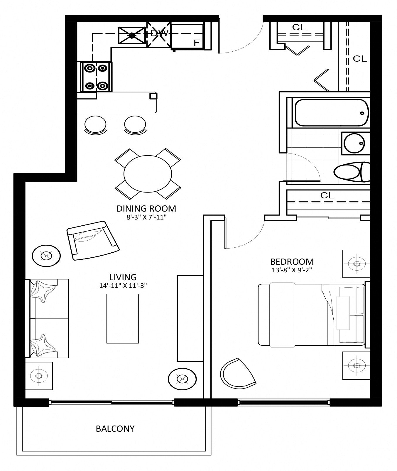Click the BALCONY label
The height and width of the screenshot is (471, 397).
click(115, 429)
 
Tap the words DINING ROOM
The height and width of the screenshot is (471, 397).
click(146, 209)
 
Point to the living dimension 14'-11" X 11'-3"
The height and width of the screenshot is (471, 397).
click(123, 286)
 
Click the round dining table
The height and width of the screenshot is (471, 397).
click(148, 174)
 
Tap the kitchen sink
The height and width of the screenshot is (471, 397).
click(132, 36)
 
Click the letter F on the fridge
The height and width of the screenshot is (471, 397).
click(197, 43)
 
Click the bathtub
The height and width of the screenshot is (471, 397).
click(331, 113)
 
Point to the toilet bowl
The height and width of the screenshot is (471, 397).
click(347, 172)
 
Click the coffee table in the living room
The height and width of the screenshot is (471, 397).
click(123, 318)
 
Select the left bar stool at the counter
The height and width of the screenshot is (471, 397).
click(95, 125)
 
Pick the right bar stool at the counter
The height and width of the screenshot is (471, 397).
click(135, 125)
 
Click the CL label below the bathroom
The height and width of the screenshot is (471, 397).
click(327, 195)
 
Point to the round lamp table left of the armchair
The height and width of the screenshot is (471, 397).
click(46, 256)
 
